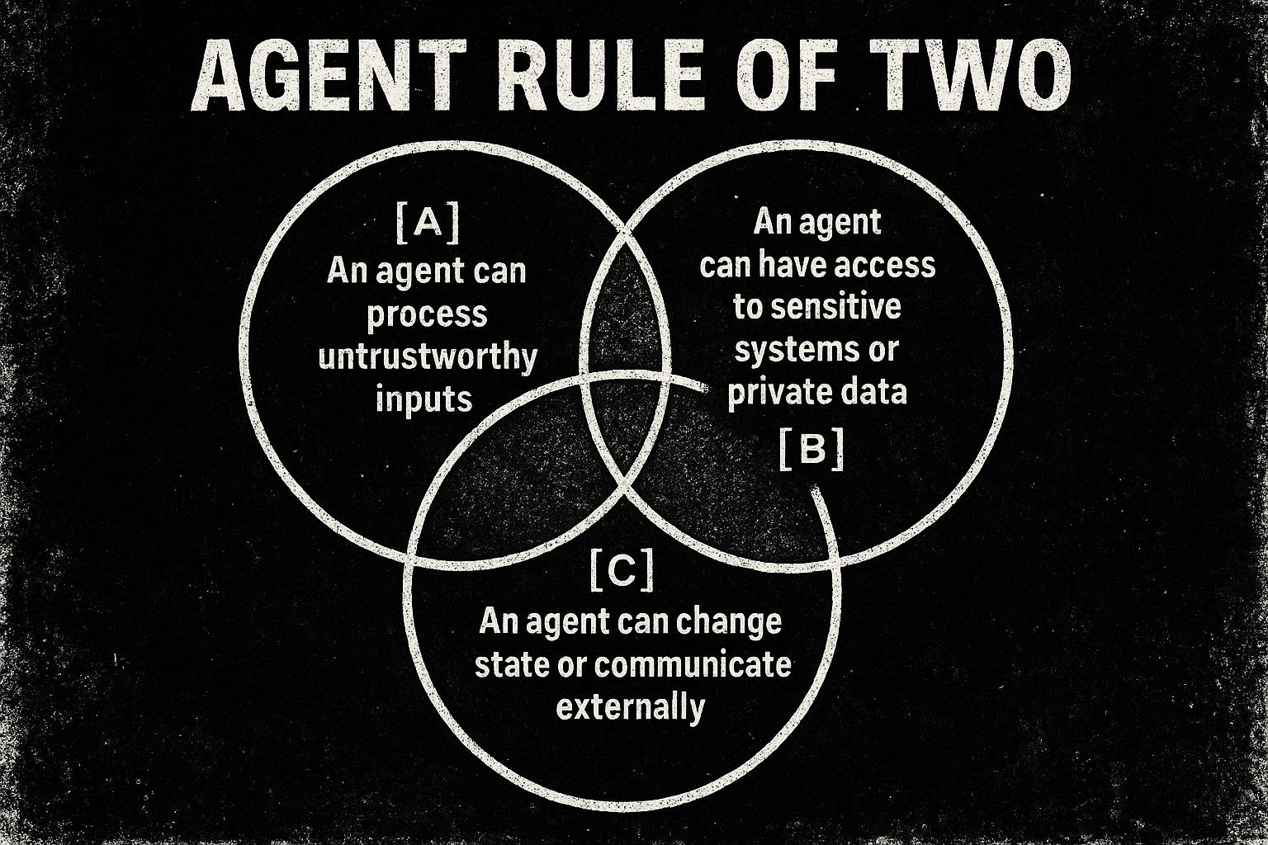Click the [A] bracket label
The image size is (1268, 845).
(x=427, y=224)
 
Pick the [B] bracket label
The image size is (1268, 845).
(x=811, y=451)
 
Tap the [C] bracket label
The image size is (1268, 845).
(x=622, y=569)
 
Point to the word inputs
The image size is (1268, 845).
(x=423, y=400)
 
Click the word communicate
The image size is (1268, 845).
(x=691, y=664)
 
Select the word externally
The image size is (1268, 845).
(x=631, y=707)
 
